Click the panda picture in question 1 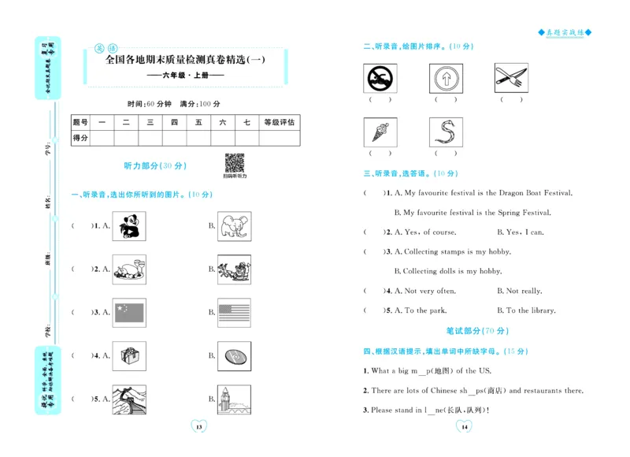[x=128, y=226]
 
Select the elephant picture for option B [x=235, y=226]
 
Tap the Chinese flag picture [x=129, y=313]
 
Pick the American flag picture [x=235, y=313]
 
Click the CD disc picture [x=235, y=356]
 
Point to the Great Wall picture [x=129, y=399]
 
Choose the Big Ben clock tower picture [x=235, y=399]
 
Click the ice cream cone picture [x=380, y=132]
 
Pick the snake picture [x=446, y=132]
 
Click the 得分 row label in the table [x=80, y=138]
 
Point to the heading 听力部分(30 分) [x=155, y=166]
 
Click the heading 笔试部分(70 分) [x=477, y=331]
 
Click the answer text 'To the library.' [x=531, y=310]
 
